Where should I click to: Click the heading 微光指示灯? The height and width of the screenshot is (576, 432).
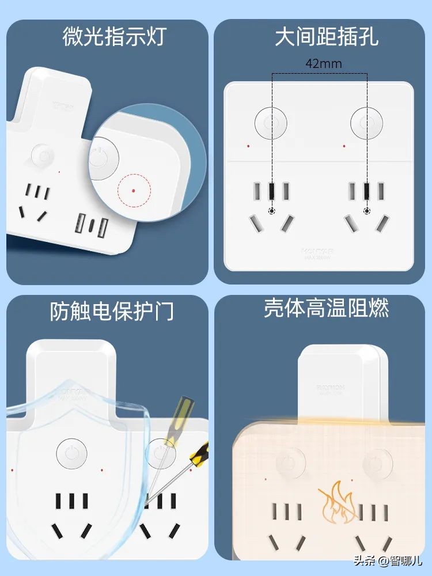[114, 36]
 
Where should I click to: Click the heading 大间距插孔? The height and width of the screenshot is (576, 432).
[327, 36]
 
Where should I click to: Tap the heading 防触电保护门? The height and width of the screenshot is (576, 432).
[112, 312]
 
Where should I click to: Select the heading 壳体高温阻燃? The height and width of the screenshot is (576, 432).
[327, 308]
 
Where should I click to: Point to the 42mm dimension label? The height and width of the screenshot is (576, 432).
[323, 64]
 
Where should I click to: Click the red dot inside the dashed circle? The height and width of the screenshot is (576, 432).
[134, 189]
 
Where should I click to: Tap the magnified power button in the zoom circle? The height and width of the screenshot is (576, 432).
[103, 156]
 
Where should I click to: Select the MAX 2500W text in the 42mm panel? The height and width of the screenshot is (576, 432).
[318, 257]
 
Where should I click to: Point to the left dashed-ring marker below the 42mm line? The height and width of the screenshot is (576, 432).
[272, 211]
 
